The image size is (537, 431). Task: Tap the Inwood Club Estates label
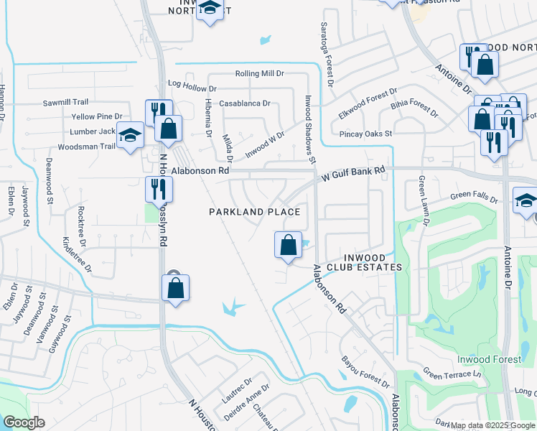click(363, 262)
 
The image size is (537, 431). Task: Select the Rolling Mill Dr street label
click(260, 74)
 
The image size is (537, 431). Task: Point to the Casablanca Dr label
click(245, 103)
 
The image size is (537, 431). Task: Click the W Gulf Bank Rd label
click(353, 173)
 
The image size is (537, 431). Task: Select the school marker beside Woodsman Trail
click(130, 136)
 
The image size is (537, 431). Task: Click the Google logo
click(24, 422)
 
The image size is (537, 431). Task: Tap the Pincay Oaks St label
click(366, 134)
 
